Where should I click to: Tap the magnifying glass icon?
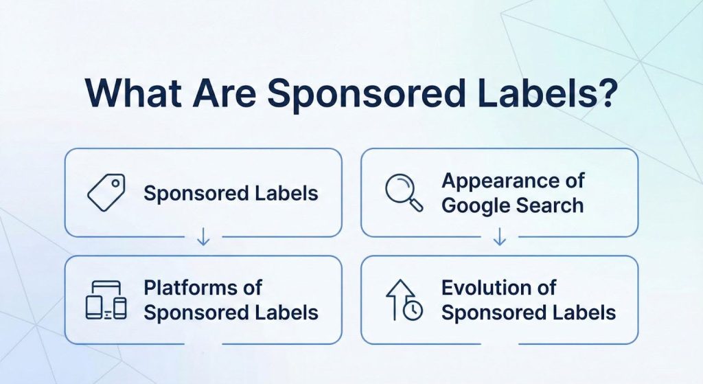click(402, 192)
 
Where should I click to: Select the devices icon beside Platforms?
click(106, 300)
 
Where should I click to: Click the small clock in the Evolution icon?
click(413, 310)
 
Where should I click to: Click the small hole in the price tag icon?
click(115, 183)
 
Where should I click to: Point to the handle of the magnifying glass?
click(415, 204)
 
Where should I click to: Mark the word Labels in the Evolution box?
click(584, 313)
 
